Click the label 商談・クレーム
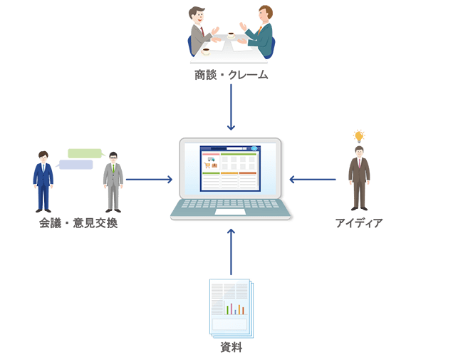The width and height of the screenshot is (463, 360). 231,74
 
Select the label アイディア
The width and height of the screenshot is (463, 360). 358,223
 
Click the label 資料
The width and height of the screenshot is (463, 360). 231,349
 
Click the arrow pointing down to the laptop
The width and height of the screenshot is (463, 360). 231,107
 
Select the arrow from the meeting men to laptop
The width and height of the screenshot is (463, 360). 149,179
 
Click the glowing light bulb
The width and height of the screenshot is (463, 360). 359,135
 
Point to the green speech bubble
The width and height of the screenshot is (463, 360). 85,153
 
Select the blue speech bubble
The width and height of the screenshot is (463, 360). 76,165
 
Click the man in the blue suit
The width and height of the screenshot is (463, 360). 43,182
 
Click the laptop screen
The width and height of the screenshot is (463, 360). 230,169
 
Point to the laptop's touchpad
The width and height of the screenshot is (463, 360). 231,212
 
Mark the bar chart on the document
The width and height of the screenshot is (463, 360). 235,308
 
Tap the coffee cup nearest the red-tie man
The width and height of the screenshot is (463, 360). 207,51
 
